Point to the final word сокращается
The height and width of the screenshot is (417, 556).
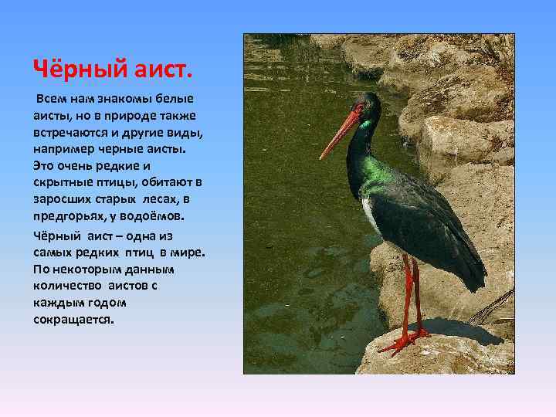click(73, 318)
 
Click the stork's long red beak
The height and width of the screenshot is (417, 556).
click(340, 136)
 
